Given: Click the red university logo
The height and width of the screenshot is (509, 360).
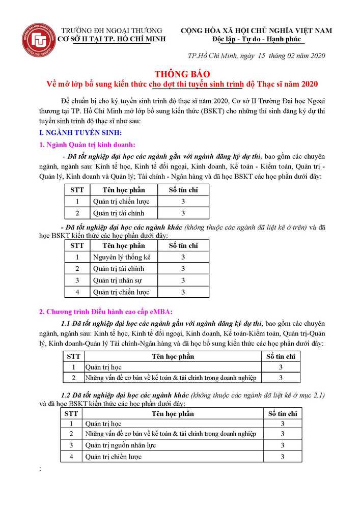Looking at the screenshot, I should click(x=38, y=40).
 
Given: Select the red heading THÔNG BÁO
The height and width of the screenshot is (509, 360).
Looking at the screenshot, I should click(x=180, y=73).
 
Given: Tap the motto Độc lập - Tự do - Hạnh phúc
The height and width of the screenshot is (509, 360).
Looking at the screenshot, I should click(x=257, y=39).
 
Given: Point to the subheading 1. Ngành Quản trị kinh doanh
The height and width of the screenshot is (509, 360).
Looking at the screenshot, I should click(x=87, y=145).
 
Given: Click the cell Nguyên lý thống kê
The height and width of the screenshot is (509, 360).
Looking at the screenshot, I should click(x=122, y=257).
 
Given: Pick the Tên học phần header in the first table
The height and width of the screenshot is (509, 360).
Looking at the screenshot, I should click(x=123, y=190).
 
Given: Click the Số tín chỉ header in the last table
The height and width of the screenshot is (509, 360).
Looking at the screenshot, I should click(x=282, y=414).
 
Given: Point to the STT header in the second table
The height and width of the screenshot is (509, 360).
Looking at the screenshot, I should click(x=77, y=245).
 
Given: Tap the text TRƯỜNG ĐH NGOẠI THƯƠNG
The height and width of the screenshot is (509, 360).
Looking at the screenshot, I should click(x=112, y=31).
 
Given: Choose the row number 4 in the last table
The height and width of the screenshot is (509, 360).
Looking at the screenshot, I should click(x=72, y=457).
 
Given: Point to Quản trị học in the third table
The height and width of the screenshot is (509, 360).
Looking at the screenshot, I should click(x=103, y=367).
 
